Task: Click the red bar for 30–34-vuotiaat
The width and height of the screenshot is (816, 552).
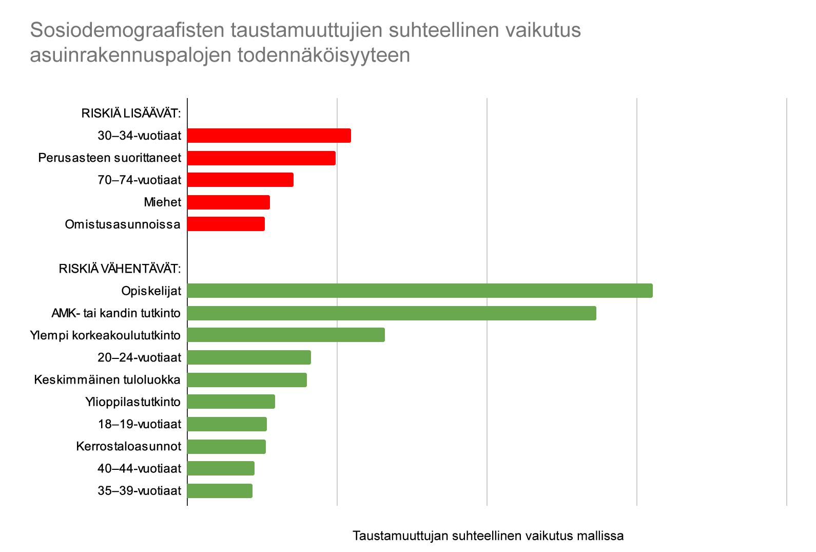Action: click(269, 136)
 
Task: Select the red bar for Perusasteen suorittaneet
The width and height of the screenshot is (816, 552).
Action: click(261, 158)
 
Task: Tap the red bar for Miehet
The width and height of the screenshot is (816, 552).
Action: click(228, 202)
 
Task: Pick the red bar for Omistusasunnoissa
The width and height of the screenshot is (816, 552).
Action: click(226, 224)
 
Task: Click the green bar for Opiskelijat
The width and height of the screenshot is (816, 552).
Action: click(420, 291)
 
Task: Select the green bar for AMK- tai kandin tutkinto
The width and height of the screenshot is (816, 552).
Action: click(392, 313)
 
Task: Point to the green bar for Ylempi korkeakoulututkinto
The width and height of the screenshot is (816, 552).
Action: click(286, 335)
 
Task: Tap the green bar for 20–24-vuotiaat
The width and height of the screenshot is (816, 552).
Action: click(249, 357)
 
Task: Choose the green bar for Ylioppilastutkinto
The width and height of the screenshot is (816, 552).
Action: click(231, 402)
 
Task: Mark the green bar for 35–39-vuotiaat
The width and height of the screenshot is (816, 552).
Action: click(220, 491)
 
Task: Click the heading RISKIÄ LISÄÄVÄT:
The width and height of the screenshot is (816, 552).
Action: click(131, 113)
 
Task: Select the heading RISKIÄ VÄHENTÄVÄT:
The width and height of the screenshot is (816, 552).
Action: click(120, 269)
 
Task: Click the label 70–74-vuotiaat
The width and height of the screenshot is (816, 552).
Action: click(139, 180)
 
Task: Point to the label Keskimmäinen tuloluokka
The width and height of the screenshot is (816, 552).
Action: click(107, 380)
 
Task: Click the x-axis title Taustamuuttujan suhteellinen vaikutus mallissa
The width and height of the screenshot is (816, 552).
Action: click(488, 536)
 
